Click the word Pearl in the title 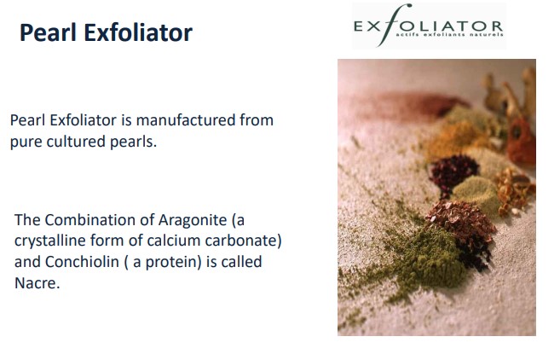48,32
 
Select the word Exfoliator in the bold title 138,32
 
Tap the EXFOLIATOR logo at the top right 429,26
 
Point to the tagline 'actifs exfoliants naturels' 449,35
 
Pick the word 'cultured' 76,142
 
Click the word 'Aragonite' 193,221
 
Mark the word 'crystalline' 50,241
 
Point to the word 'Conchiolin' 82,262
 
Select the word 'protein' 173,263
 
